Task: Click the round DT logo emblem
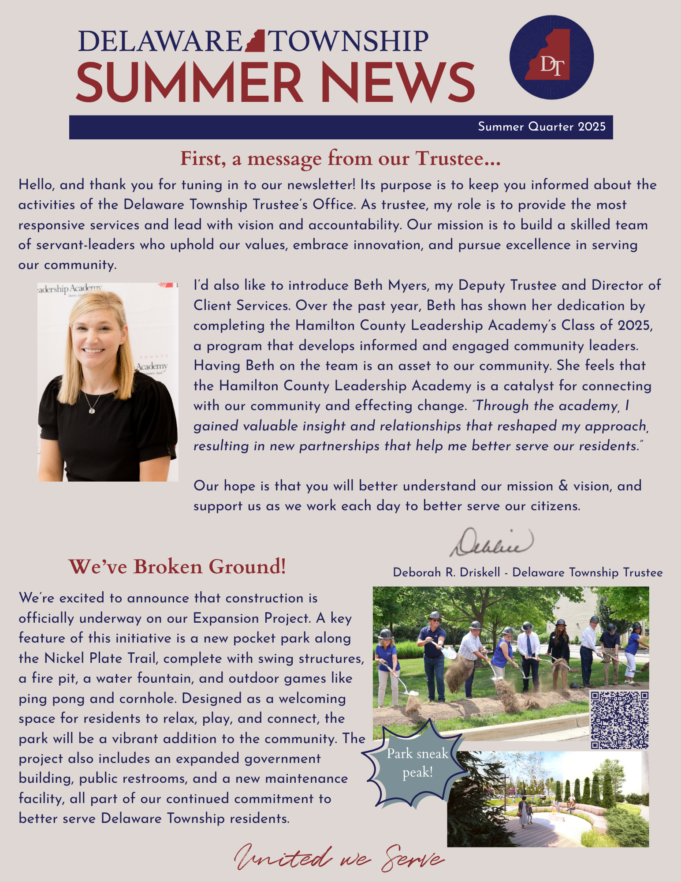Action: [551, 57]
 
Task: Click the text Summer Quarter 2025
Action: [542, 127]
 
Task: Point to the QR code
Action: [619, 720]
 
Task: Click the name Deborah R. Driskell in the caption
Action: [447, 572]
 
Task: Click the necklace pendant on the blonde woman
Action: [92, 411]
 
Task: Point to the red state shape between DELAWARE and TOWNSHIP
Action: [256, 41]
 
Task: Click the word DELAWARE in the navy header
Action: [160, 41]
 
